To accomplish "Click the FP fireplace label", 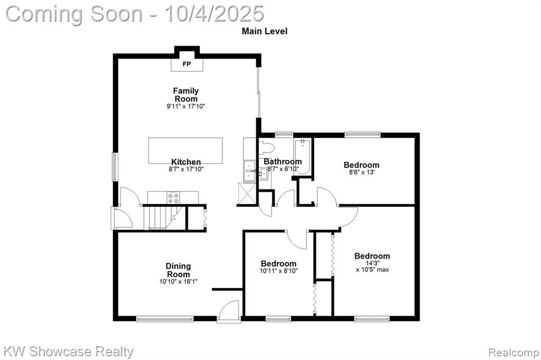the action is click(186, 64).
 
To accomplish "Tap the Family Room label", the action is click(186, 95).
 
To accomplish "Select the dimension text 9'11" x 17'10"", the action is click(186, 107).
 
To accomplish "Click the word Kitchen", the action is click(186, 162).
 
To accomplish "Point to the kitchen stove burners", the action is click(173, 197).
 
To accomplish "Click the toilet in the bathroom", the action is click(266, 148).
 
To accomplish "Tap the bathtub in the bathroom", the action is click(303, 156).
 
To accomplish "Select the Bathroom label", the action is click(283, 162).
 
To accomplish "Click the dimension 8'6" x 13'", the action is click(361, 172).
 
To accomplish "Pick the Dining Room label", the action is click(178, 270).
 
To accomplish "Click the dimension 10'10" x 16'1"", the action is click(179, 282).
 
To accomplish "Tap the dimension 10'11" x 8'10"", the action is click(279, 271).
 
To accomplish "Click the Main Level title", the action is click(265, 31).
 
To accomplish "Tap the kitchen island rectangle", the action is click(185, 150).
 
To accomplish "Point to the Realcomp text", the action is click(514, 352).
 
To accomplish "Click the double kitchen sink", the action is click(249, 171).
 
